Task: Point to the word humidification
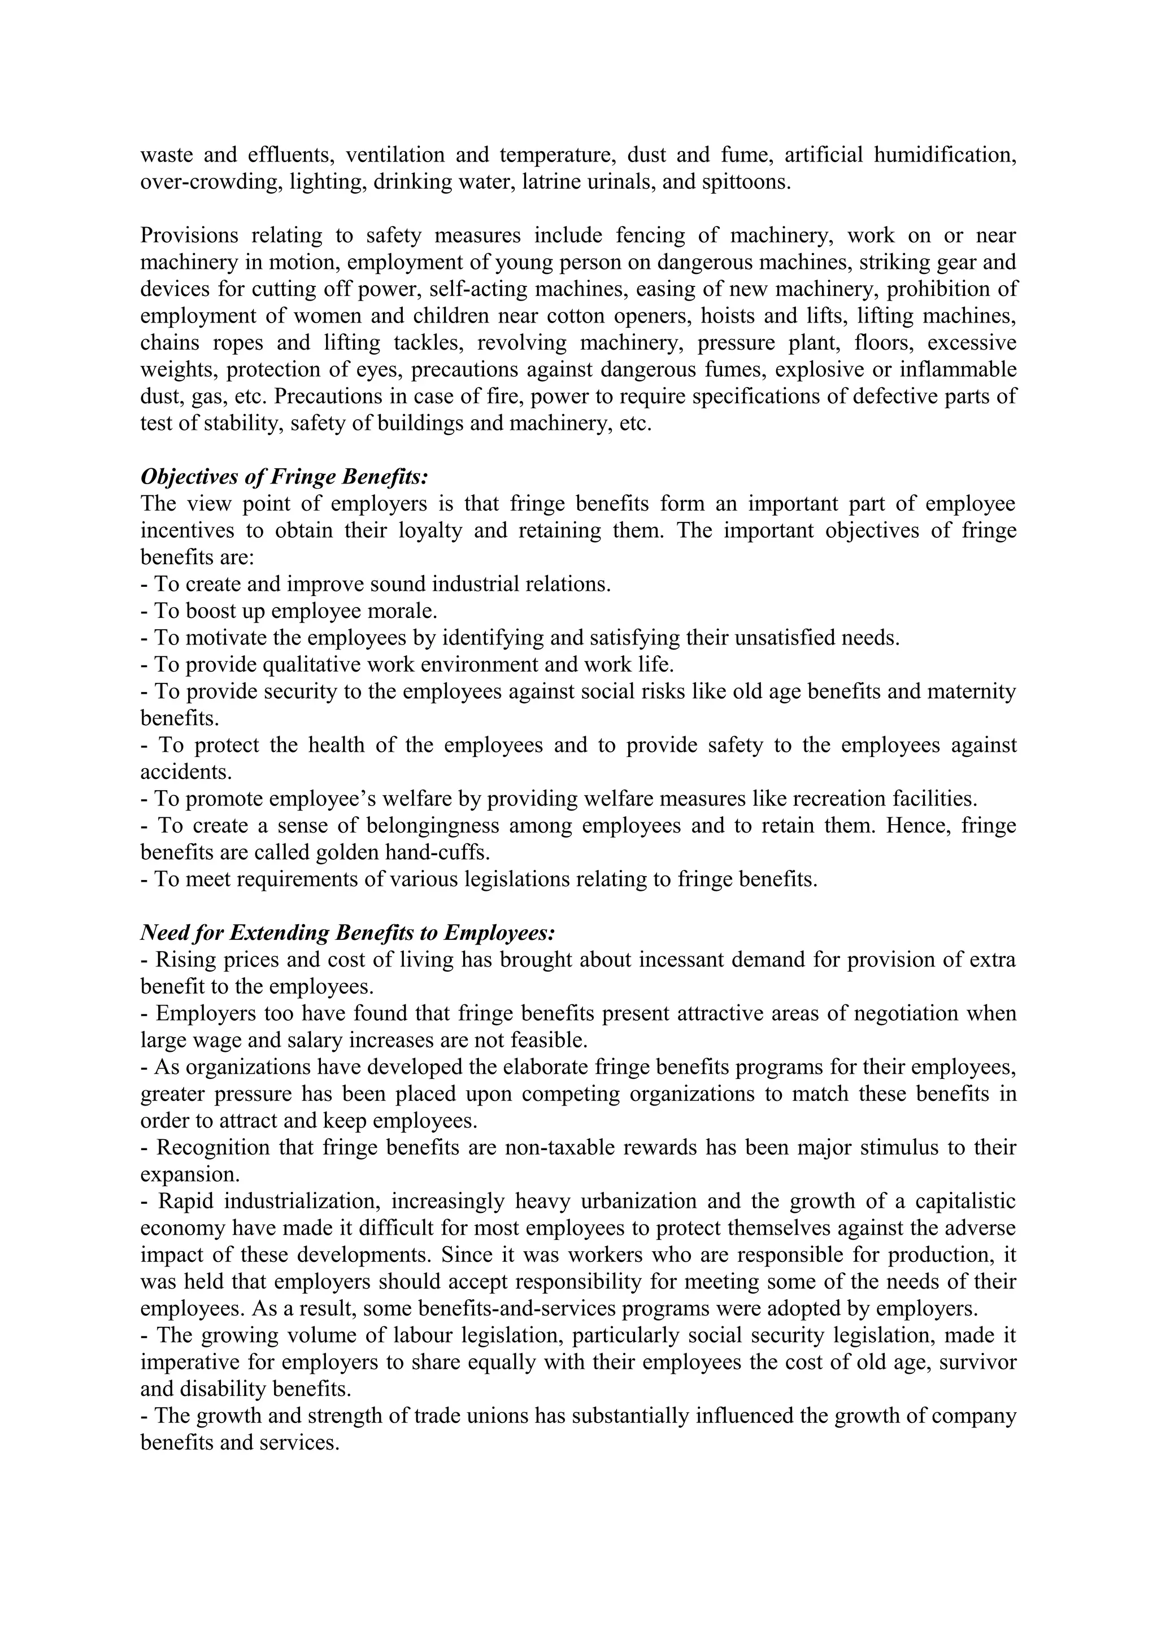945,155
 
